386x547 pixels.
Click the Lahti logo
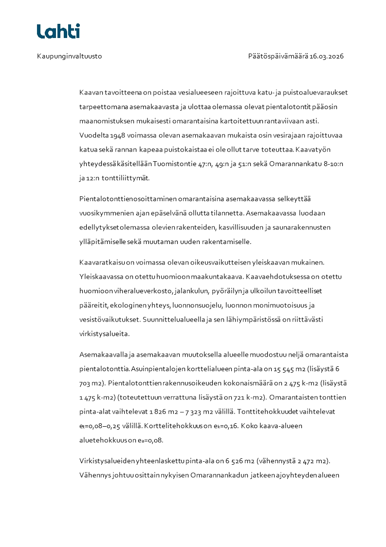pyautogui.click(x=58, y=31)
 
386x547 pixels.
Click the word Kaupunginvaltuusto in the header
pyautogui.click(x=69, y=57)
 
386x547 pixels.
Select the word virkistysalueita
pyautogui.click(x=103, y=334)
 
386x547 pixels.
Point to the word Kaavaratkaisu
pyautogui.click(x=101, y=263)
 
